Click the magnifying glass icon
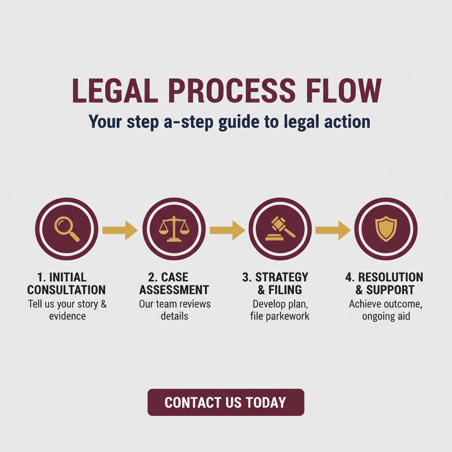pyautogui.click(x=67, y=229)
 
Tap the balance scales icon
pyautogui.click(x=174, y=229)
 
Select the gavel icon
pyautogui.click(x=280, y=229)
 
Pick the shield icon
pyautogui.click(x=385, y=229)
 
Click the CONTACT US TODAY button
pyautogui.click(x=226, y=402)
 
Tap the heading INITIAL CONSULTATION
pyautogui.click(x=67, y=283)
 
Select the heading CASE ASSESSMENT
pyautogui.click(x=174, y=283)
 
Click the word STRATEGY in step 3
pyautogui.click(x=282, y=277)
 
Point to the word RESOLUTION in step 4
pyautogui.click(x=391, y=277)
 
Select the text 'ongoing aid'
pyautogui.click(x=386, y=316)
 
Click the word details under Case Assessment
pyautogui.click(x=174, y=316)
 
